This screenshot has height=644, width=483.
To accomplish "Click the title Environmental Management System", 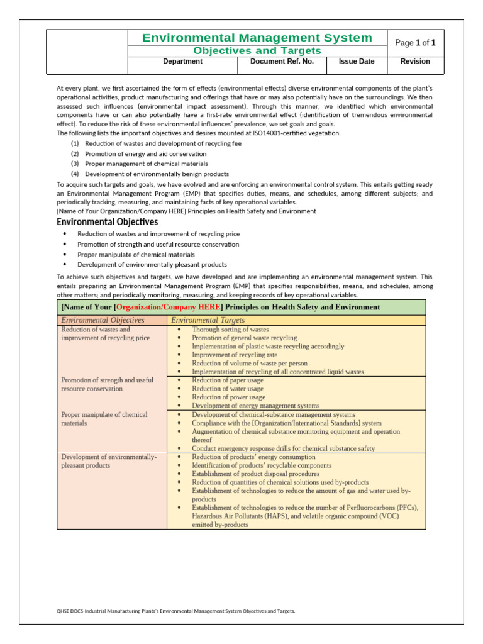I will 257,38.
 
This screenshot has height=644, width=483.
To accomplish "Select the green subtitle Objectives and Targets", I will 257,50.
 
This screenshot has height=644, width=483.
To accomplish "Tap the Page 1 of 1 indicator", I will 414,43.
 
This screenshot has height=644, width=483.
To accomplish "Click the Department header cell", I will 182,62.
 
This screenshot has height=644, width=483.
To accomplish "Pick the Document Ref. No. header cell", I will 282,62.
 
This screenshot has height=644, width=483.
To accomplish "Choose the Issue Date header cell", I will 356,62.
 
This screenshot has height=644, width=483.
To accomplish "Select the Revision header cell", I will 415,62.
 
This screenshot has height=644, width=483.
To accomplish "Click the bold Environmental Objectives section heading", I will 108,222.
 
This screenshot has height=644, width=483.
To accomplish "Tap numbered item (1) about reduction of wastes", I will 155,143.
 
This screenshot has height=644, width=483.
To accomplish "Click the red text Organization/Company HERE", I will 169,307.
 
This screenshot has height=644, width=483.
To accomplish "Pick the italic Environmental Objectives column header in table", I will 103,320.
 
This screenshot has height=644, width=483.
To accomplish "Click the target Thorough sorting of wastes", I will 230,330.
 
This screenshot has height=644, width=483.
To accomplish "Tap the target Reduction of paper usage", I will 228,380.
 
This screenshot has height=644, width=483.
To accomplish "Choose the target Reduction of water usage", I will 228,389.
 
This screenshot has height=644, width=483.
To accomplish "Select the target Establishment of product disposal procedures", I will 255,474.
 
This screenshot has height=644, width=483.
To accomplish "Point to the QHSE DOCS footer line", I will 175,611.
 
